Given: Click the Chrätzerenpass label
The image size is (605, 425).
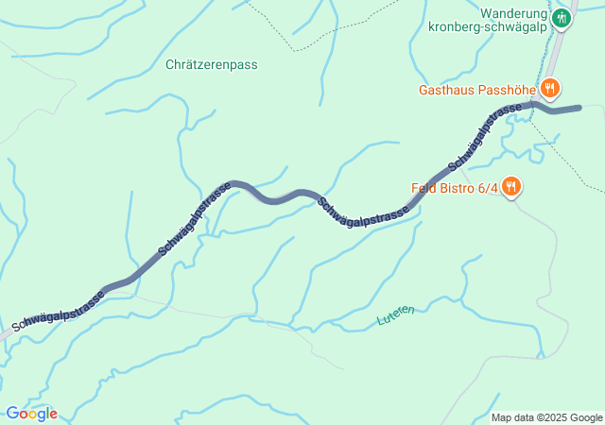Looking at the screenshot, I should coord(212,65).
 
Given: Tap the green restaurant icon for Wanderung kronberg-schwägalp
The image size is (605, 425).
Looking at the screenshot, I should coord(562,17).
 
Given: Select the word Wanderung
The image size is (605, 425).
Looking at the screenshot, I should coord(513,14).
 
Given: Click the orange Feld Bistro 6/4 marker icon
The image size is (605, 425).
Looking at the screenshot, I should coord(510,186).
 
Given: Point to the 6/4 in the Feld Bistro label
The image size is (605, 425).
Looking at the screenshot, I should coord(487,187).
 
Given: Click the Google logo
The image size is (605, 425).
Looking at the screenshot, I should coord(31,414).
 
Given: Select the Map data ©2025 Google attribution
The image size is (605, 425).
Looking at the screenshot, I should coord(546,417).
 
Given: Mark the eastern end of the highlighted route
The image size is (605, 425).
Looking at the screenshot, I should coord(579,108).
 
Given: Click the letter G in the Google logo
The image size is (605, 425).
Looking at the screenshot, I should coord(12,414).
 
